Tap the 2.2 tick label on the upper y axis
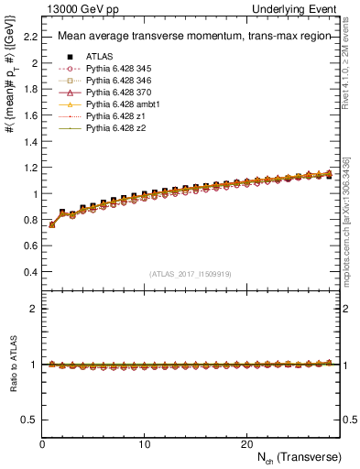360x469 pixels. coord(30,38)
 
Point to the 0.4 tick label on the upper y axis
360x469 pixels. coord(30,272)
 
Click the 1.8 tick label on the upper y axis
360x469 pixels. coord(30,90)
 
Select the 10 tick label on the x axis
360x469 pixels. coord(144,443)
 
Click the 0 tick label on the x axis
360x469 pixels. coord(42,443)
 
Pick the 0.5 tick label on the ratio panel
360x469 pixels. coord(29,420)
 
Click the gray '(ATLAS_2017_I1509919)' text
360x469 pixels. coord(189,273)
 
